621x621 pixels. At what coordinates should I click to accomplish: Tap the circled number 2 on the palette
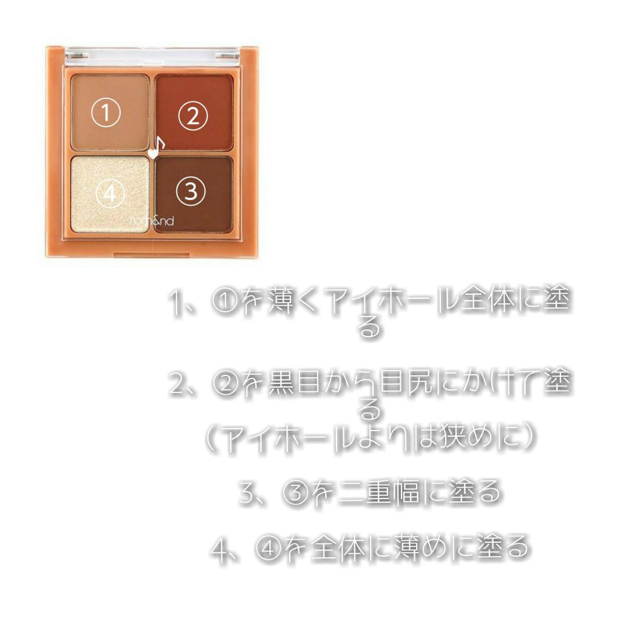pyautogui.click(x=193, y=116)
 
